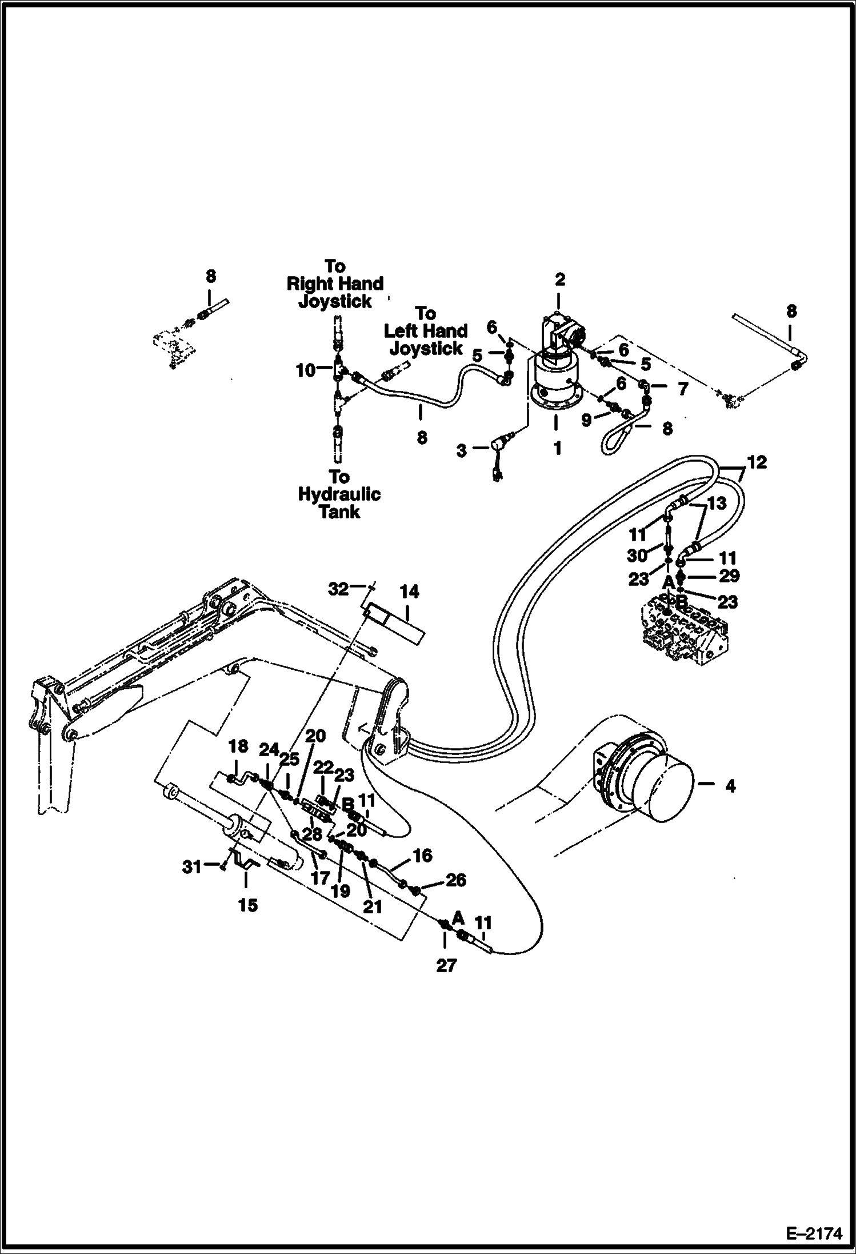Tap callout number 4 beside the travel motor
tap(730, 786)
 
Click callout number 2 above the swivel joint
tap(559, 279)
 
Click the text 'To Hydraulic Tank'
tap(339, 494)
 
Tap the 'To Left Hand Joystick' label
tap(426, 331)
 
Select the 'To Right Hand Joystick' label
tap(335, 284)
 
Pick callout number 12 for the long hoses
tap(757, 462)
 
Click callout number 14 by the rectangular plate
tap(409, 592)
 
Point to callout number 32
tap(338, 588)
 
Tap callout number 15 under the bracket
tap(248, 905)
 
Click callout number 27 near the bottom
tap(446, 965)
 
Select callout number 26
tap(455, 880)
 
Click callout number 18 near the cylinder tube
tap(238, 746)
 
